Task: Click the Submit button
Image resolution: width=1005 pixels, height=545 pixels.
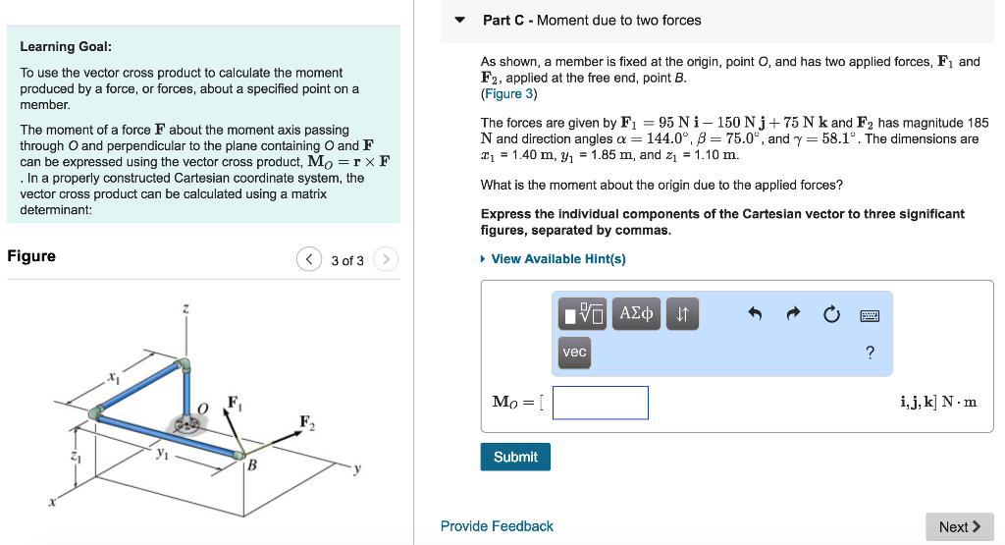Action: pos(515,457)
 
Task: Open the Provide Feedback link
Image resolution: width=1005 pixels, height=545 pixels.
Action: pos(497,526)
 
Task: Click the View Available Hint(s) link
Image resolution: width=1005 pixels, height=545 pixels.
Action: pos(557,259)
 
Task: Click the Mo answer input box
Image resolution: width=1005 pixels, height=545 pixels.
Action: pos(600,403)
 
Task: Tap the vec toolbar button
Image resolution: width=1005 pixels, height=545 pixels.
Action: pos(575,352)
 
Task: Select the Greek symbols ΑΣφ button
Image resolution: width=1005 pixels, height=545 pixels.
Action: pos(637,314)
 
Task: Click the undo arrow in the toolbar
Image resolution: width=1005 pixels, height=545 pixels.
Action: pos(755,315)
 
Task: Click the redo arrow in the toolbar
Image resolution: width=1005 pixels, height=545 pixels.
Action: pos(793,315)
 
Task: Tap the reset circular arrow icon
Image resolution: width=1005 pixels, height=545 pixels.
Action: pos(831,315)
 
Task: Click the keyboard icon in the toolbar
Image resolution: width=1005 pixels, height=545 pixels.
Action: pos(870,315)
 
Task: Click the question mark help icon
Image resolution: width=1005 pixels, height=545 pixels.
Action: pos(870,353)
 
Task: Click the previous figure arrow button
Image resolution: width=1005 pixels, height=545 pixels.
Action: pos(309,259)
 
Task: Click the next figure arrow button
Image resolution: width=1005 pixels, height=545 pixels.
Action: pos(387,259)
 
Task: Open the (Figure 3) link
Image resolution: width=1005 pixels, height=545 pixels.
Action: pos(508,94)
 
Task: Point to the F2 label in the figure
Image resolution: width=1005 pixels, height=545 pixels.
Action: pos(307,423)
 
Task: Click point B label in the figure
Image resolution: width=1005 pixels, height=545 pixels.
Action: pos(252,465)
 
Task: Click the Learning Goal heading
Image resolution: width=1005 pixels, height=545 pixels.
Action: pos(66,47)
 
